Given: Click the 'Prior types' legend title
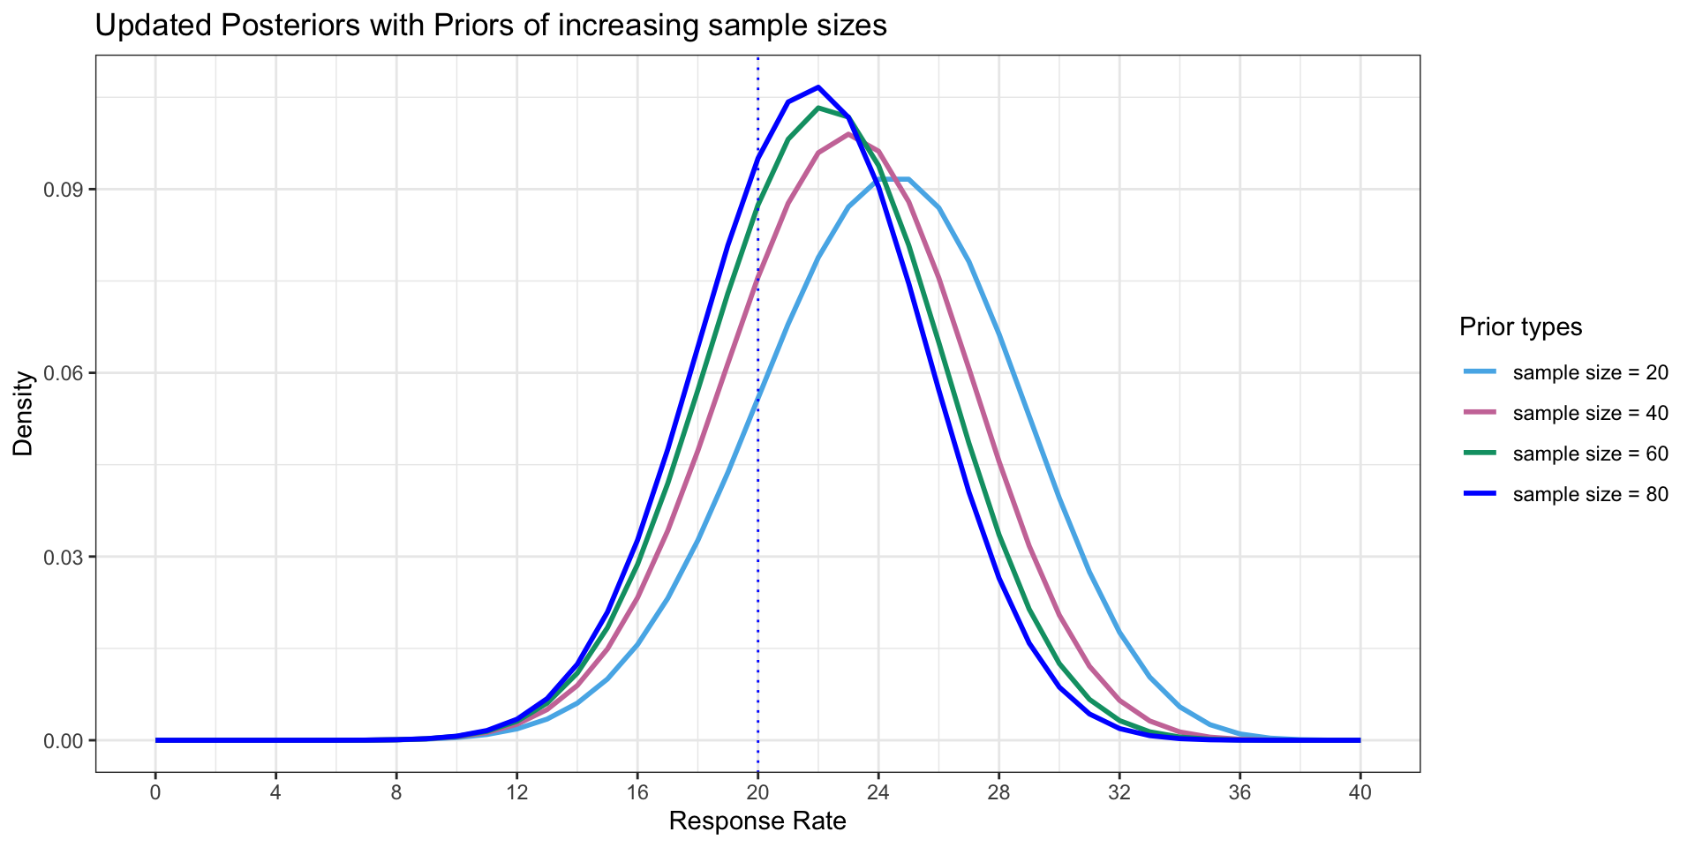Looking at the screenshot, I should tap(1520, 327).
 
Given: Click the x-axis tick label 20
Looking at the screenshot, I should tap(757, 792).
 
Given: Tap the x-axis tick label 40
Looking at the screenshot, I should tap(1360, 792).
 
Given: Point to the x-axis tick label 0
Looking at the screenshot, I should tap(155, 792).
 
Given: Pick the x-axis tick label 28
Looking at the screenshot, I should tap(998, 792).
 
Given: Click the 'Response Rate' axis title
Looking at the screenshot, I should tap(757, 822).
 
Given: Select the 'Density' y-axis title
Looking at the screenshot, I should tap(24, 414).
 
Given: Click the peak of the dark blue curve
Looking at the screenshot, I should tap(818, 87).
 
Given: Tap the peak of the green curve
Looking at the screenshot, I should tap(818, 108).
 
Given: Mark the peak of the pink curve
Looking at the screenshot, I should tap(848, 134).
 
